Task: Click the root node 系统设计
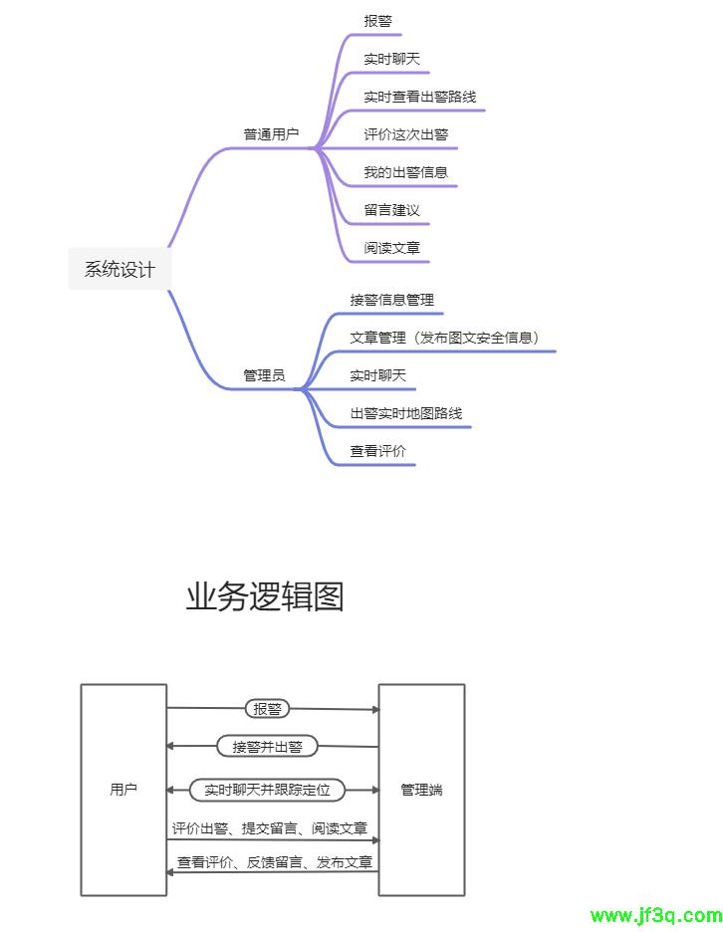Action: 120,269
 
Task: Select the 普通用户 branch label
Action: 271,134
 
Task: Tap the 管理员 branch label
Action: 264,375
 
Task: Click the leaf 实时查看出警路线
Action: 419,97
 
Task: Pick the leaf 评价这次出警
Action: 405,134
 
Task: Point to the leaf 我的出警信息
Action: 405,172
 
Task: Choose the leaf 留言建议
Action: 391,210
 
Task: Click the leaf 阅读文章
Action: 391,248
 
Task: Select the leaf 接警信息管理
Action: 391,300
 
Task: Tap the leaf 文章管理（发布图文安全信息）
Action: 444,338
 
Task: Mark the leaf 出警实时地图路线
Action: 405,413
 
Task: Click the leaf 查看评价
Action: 377,451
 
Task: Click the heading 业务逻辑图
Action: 264,596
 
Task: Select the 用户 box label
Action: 123,790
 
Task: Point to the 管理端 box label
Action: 421,790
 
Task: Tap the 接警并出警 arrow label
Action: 267,746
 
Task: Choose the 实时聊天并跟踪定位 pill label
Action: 267,790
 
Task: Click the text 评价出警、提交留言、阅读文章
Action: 269,828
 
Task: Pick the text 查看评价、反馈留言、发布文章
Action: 275,862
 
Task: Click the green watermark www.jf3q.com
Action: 655,916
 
